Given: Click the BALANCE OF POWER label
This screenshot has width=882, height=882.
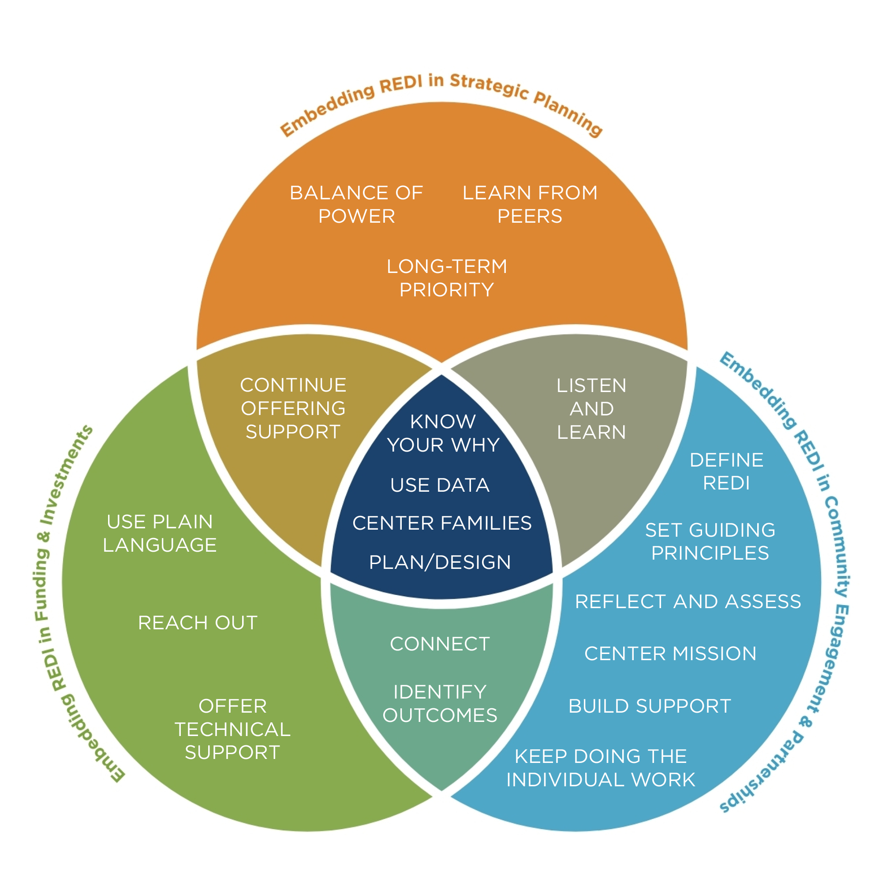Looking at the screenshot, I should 356,204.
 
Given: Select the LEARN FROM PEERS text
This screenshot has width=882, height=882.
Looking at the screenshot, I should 530,204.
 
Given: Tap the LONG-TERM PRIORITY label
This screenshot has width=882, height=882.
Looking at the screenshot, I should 446,277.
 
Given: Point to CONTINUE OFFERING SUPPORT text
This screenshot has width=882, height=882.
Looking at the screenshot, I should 293,408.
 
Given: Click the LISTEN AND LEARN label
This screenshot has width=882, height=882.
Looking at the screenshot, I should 591,409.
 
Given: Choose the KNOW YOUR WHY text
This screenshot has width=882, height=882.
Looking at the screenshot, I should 443,433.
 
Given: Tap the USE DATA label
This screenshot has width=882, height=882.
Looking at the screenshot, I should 440,485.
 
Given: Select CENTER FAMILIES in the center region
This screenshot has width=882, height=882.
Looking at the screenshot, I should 442,523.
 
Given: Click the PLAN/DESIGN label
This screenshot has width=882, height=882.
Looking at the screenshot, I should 440,562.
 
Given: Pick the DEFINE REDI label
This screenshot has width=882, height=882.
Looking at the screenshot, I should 726,471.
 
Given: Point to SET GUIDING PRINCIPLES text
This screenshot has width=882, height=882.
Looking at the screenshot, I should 710,542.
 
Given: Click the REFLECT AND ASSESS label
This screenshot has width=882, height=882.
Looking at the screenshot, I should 688,601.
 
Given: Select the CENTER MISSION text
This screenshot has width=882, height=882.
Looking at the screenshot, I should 670,653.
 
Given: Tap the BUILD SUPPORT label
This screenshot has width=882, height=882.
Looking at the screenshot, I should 650,706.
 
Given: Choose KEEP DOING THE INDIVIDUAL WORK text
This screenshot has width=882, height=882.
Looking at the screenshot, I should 600,768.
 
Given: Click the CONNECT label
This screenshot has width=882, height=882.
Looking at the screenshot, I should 440,644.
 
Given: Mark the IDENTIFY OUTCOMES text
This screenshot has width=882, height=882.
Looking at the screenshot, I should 440,703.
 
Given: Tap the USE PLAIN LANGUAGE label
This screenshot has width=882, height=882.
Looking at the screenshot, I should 160,533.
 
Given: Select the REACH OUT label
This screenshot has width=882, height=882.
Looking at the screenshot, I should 198,623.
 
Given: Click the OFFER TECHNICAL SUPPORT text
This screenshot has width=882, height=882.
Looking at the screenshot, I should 232,729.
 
